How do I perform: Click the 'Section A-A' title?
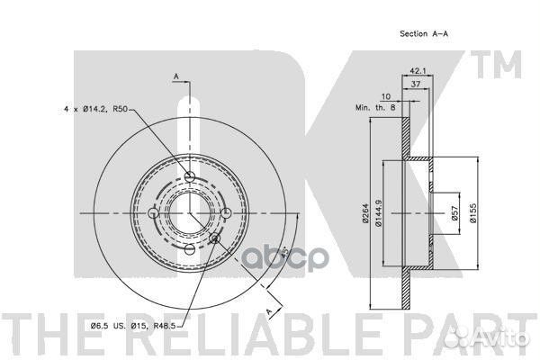424,34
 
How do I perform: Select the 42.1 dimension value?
418,70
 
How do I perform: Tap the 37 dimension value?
416,84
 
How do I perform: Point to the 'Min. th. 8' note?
375,107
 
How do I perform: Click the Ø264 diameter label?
365,213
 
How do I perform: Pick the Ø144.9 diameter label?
379,213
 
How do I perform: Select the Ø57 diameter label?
454,213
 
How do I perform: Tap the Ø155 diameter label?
473,213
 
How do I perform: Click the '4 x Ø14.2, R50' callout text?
95,109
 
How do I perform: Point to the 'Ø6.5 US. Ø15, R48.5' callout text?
133,326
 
